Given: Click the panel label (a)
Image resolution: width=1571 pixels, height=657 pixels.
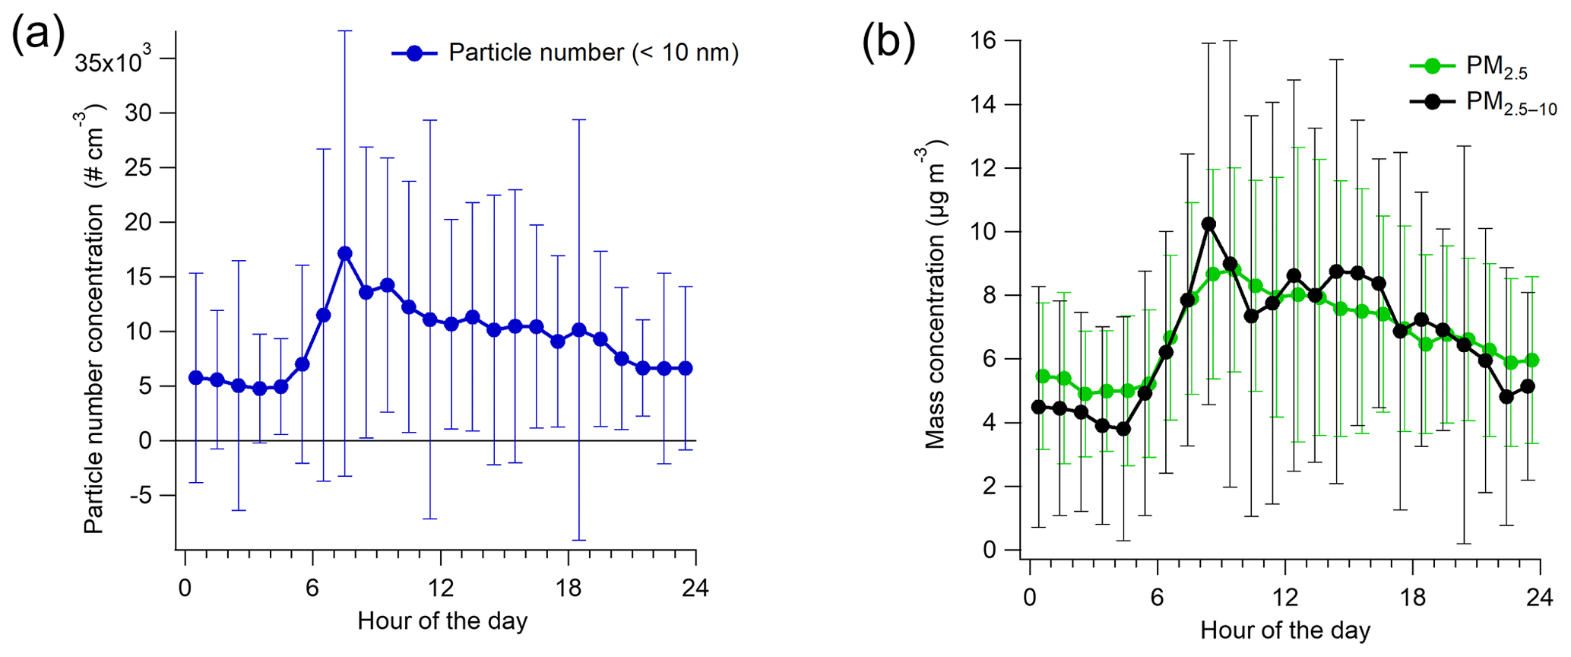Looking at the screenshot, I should point(38,36).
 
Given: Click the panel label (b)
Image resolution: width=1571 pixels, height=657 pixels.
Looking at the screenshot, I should point(888,42).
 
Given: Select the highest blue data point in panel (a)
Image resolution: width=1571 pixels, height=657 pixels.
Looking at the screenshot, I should point(345,253).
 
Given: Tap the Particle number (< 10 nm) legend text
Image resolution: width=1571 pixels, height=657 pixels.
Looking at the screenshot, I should point(594,52).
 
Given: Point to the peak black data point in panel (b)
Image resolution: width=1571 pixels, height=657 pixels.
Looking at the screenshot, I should point(1208,224).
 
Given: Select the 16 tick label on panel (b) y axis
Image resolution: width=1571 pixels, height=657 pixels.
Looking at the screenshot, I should point(987,40).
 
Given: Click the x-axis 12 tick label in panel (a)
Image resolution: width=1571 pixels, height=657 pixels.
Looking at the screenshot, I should point(440,589).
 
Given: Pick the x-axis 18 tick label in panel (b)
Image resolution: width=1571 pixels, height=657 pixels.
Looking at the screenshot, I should point(1412,597).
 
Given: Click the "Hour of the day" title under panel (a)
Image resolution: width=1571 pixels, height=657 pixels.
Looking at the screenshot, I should point(442,621).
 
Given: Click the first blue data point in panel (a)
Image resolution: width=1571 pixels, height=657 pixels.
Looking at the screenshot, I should point(196,378).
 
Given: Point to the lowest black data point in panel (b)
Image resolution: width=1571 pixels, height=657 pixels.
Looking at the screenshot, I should point(1123,429).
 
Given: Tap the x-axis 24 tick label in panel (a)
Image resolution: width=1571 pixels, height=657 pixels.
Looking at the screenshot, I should point(695,589).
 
